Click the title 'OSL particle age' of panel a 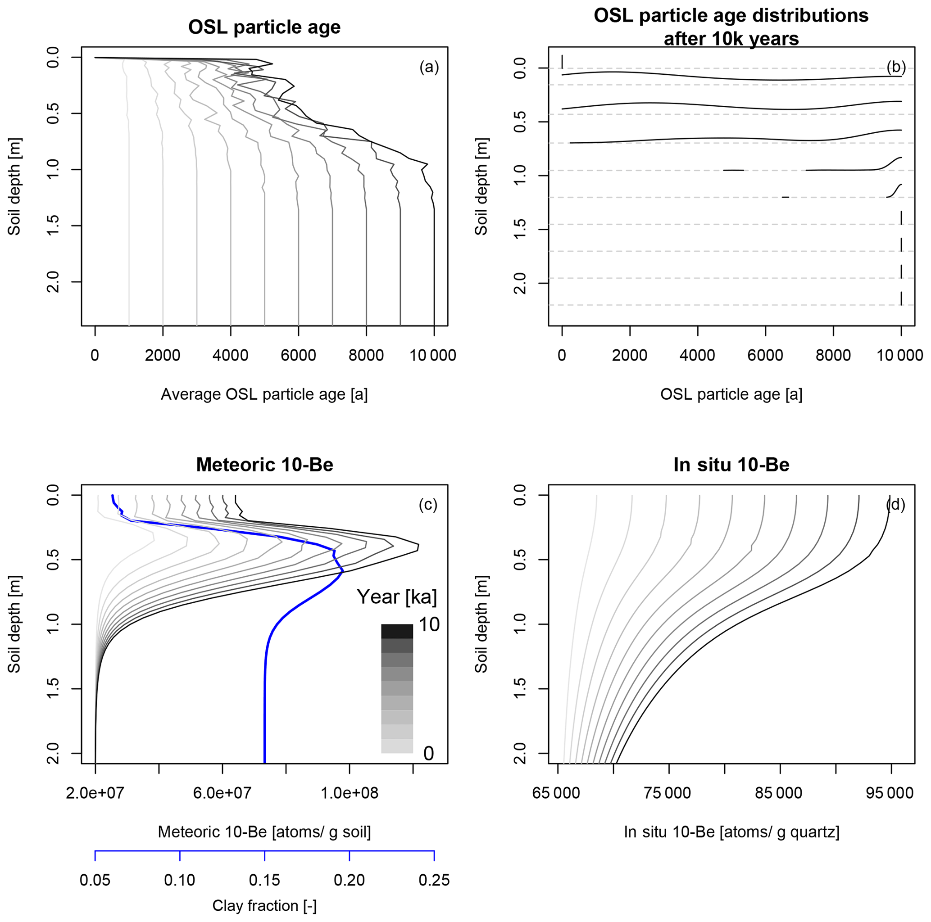[264, 27]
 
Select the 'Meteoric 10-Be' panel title [264, 465]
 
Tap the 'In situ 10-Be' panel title [731, 465]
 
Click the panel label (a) [429, 67]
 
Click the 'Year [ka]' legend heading [397, 597]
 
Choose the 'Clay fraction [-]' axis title [264, 906]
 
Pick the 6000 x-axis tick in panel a [298, 356]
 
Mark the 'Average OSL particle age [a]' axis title [264, 394]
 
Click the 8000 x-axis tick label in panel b [833, 356]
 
